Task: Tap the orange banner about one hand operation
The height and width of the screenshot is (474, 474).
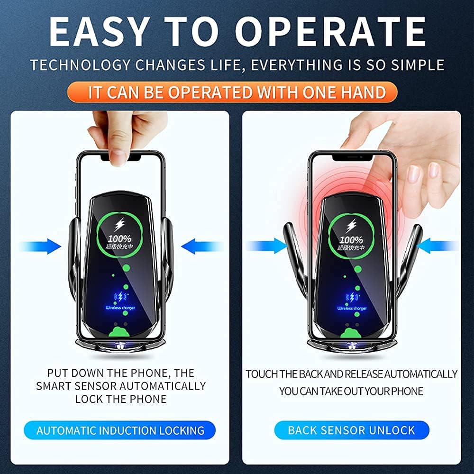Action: tap(237, 92)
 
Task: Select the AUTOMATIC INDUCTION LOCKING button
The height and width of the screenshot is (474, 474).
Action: tap(120, 430)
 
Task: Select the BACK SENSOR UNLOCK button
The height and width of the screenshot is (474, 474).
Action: tap(351, 430)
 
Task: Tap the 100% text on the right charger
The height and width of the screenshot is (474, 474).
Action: tap(351, 239)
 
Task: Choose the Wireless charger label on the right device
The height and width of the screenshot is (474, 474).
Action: tap(352, 308)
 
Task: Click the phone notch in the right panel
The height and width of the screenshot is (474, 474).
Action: tap(351, 157)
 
